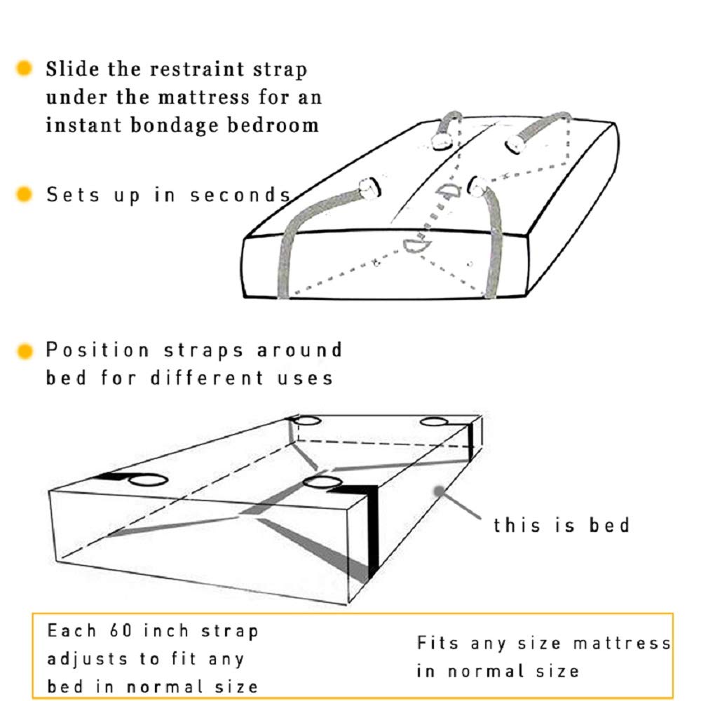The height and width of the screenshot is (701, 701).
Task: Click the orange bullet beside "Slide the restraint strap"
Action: coord(25,69)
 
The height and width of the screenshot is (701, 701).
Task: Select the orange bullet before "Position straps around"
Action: coord(25,350)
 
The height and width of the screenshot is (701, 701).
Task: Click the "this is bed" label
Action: coord(561,524)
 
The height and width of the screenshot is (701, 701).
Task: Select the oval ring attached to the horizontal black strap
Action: coord(148,481)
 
